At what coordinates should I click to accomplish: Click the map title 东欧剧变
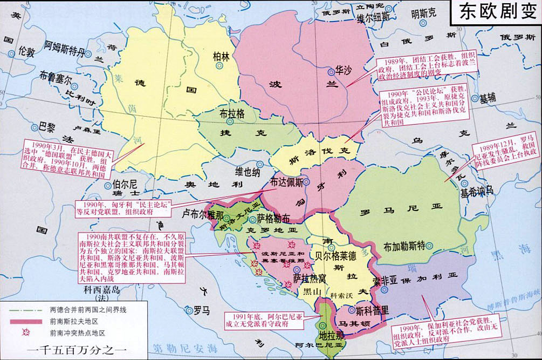pyautogui.click(x=496, y=11)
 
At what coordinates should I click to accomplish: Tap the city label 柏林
pyautogui.click(x=221, y=56)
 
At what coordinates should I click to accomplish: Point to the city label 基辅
pyautogui.click(x=487, y=98)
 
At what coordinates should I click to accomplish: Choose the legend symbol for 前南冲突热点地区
pyautogui.click(x=25, y=333)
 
